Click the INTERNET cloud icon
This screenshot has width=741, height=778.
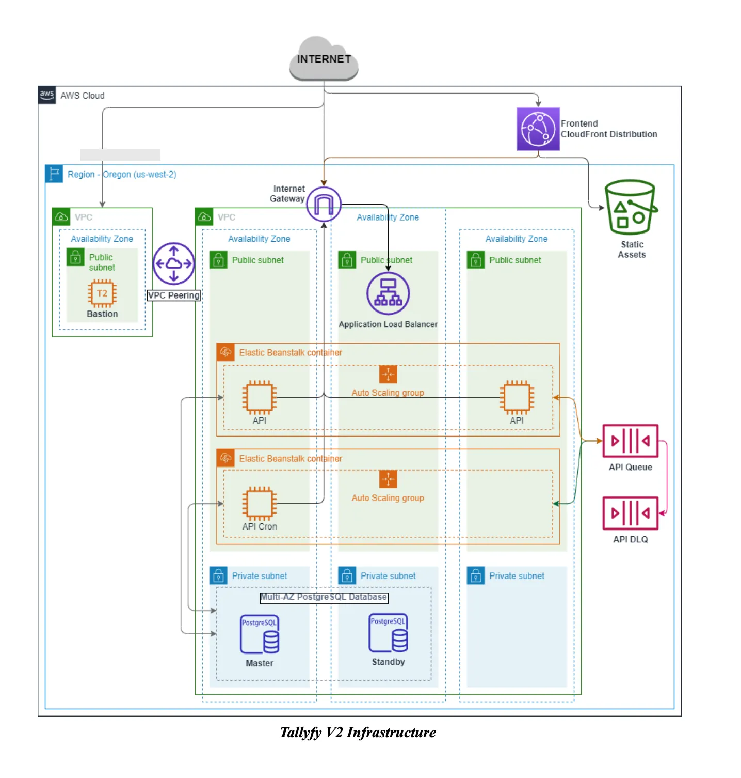pyautogui.click(x=324, y=59)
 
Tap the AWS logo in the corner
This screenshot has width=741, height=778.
pyautogui.click(x=47, y=95)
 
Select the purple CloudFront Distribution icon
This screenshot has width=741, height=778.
pyautogui.click(x=538, y=129)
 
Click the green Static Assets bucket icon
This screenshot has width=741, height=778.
pyautogui.click(x=631, y=207)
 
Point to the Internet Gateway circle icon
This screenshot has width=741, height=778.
pyautogui.click(x=324, y=205)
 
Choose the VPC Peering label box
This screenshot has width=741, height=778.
pyautogui.click(x=173, y=295)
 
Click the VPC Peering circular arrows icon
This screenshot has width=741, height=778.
pyautogui.click(x=174, y=263)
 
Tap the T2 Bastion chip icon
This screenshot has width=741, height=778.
pyautogui.click(x=102, y=293)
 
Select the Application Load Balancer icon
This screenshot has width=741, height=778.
pyautogui.click(x=388, y=293)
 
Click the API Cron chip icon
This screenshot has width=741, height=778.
pyautogui.click(x=260, y=503)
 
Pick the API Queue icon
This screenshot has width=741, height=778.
pyautogui.click(x=630, y=441)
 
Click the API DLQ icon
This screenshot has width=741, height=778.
pyautogui.click(x=630, y=513)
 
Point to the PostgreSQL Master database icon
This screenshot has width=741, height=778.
pyautogui.click(x=260, y=634)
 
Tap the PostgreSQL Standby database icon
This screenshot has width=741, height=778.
pyautogui.click(x=388, y=633)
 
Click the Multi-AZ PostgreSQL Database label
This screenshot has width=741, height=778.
pyautogui.click(x=324, y=597)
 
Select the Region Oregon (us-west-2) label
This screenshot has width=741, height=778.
pyautogui.click(x=122, y=175)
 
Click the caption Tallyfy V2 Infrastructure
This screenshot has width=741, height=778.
pyautogui.click(x=358, y=733)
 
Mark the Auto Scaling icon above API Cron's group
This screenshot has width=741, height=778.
pyautogui.click(x=388, y=479)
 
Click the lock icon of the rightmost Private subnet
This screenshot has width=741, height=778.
pyautogui.click(x=476, y=575)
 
